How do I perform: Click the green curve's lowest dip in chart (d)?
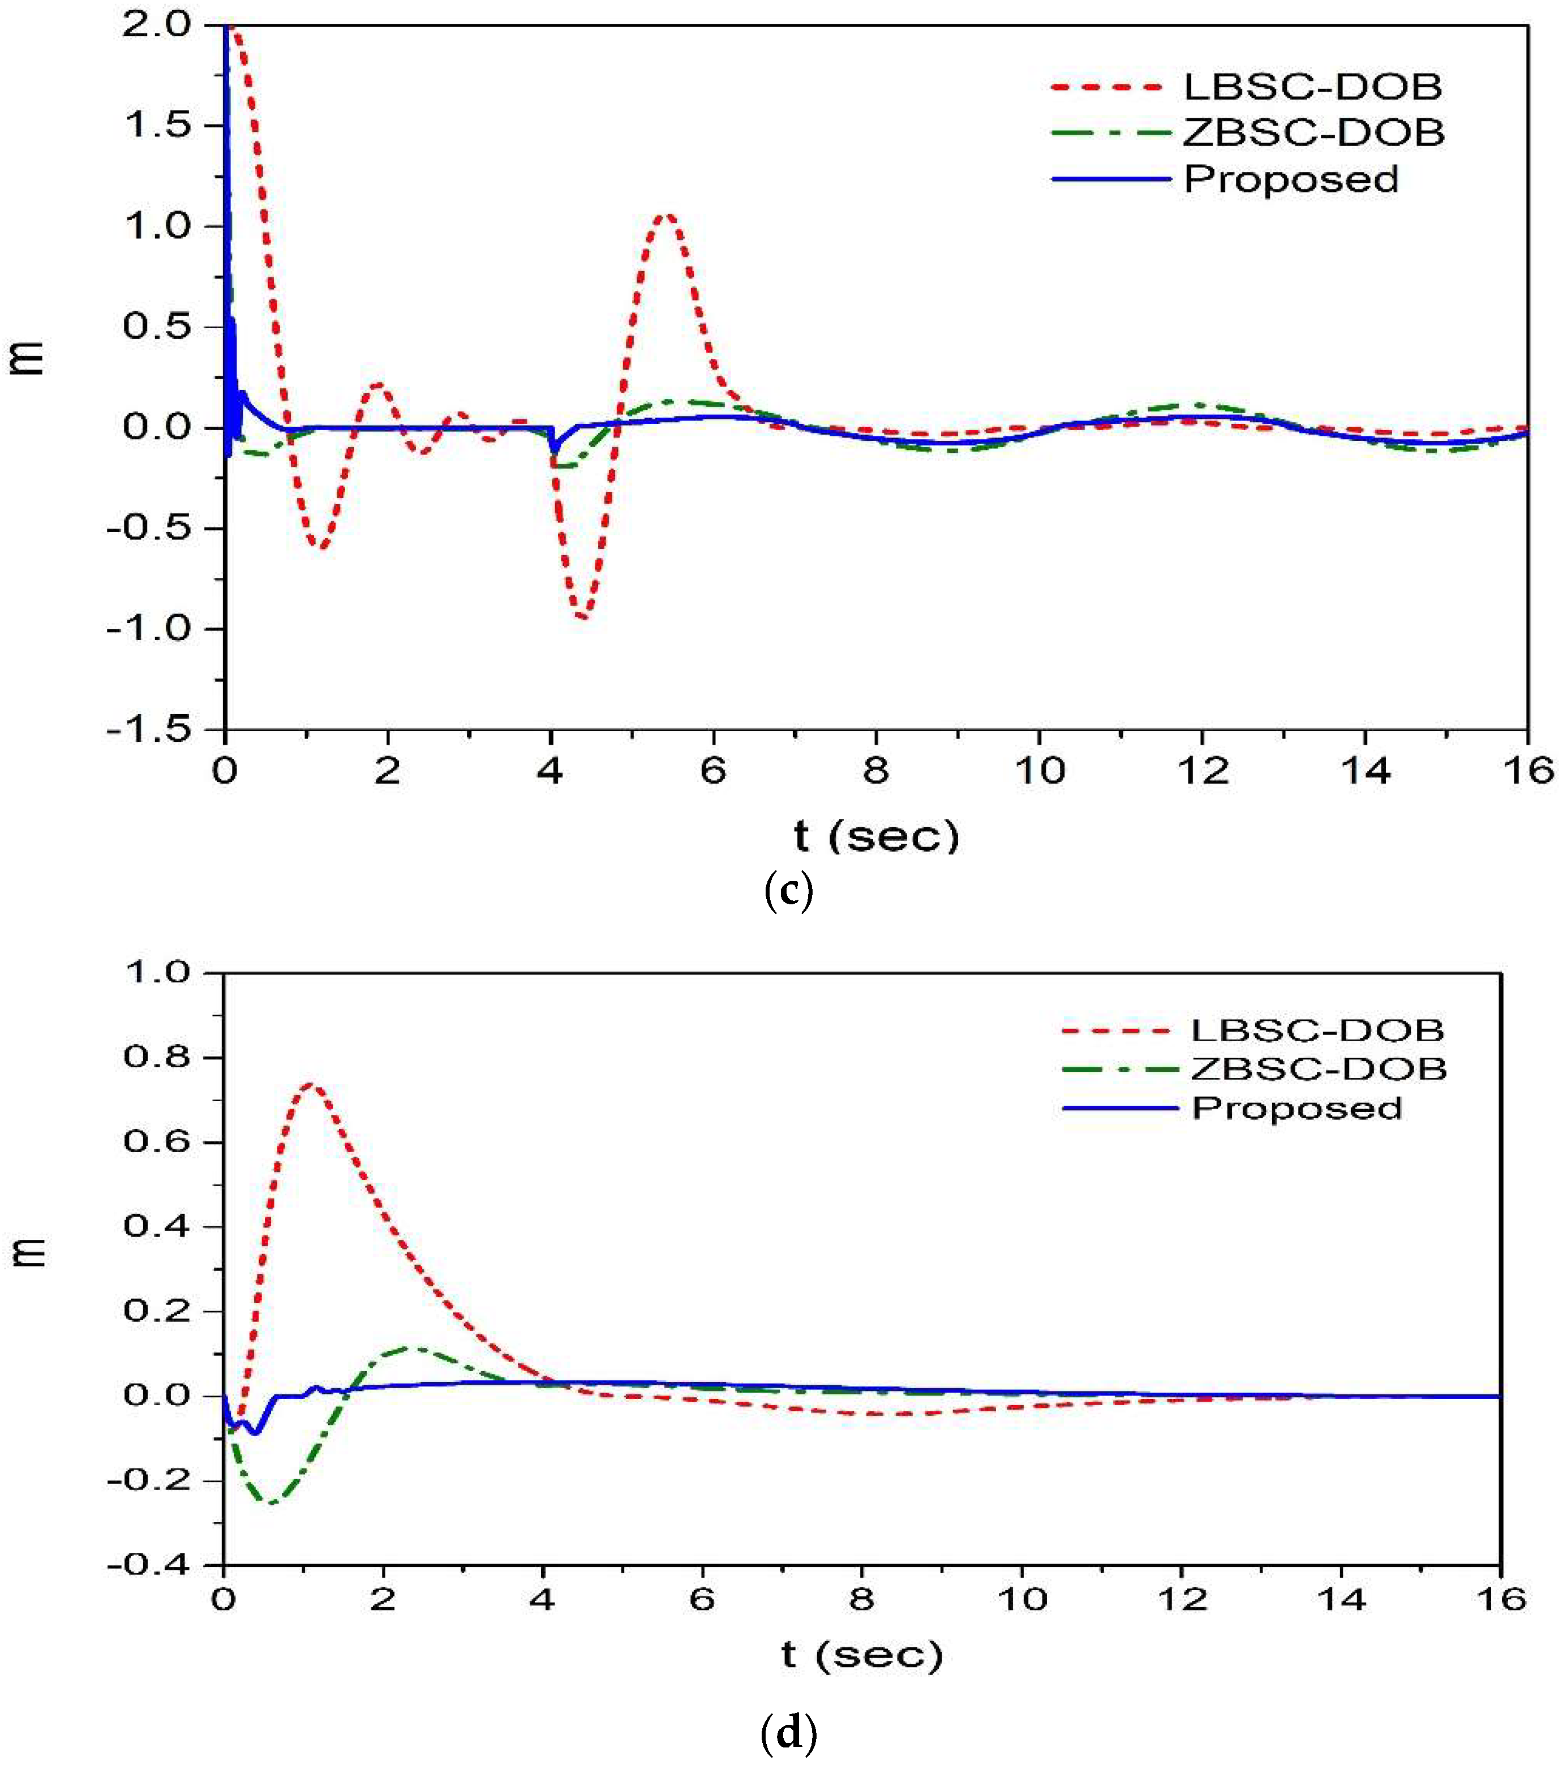pos(270,1502)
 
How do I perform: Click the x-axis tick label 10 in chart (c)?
pos(1039,770)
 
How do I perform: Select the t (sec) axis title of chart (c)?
pos(875,836)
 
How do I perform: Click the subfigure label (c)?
pos(788,892)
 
